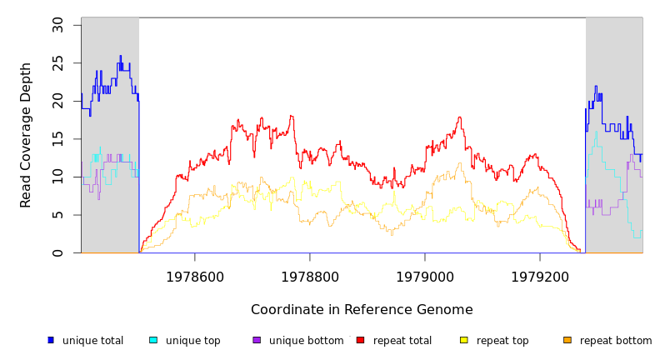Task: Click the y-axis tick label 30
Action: click(57, 25)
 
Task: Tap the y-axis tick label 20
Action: click(57, 100)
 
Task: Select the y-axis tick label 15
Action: click(57, 138)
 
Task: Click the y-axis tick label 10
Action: click(57, 177)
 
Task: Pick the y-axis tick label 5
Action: click(57, 215)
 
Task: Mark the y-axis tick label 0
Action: click(57, 253)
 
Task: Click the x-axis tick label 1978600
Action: click(195, 277)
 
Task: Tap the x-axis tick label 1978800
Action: click(310, 277)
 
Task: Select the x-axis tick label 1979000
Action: click(425, 277)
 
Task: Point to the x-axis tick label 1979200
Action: click(540, 277)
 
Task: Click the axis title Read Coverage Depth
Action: click(27, 135)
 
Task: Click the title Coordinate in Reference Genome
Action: click(362, 310)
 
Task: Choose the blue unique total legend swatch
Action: click(51, 340)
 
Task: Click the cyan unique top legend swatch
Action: click(153, 340)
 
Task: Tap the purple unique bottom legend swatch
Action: click(257, 340)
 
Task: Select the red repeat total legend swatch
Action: click(360, 340)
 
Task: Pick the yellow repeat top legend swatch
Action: click(464, 340)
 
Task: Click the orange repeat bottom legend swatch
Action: click(567, 340)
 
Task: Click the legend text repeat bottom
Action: click(616, 341)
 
